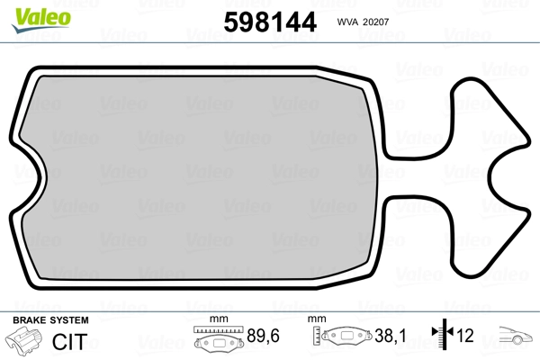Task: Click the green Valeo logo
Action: (x=41, y=20)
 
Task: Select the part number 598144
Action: (x=270, y=22)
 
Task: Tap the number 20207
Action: (x=376, y=22)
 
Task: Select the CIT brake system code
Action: (x=69, y=341)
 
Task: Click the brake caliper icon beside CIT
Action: (x=23, y=339)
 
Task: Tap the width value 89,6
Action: (x=263, y=336)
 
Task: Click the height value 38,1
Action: (x=391, y=336)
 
